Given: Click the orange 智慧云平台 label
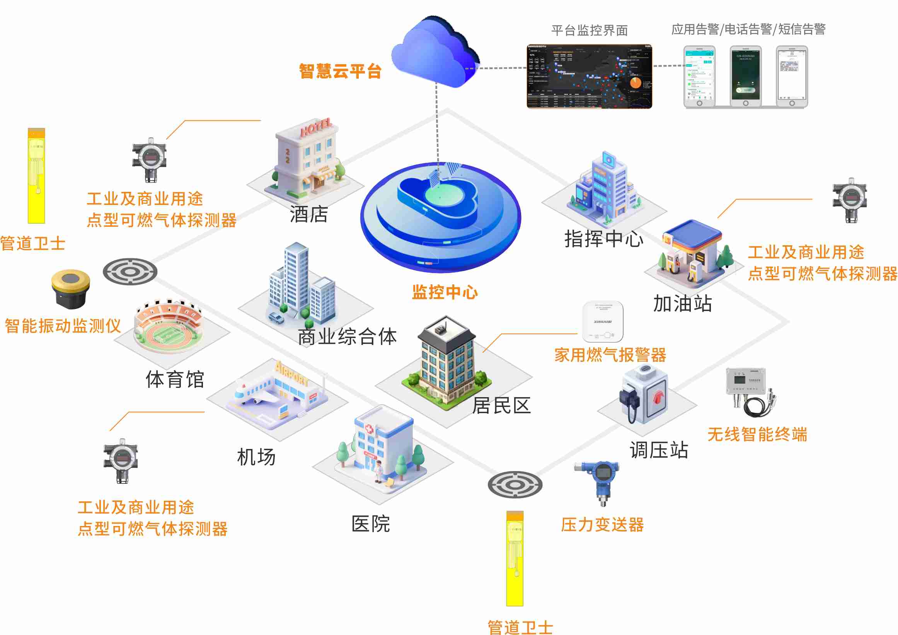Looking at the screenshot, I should click(340, 71).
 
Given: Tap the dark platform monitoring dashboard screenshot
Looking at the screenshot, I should click(590, 76).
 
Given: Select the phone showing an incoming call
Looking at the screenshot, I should click(745, 76).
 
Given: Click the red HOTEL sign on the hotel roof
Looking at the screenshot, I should click(316, 128).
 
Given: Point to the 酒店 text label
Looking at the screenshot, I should click(308, 214).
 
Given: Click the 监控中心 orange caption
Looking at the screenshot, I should click(445, 292).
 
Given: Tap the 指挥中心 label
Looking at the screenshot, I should click(603, 239).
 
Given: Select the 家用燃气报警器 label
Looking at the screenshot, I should click(610, 355).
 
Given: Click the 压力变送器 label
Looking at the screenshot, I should click(602, 525).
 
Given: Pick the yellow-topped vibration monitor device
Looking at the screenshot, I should click(71, 289).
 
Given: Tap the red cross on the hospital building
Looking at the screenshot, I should click(369, 429).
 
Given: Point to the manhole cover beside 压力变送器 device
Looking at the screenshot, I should click(515, 484).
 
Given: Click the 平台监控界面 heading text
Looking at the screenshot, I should click(590, 30).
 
